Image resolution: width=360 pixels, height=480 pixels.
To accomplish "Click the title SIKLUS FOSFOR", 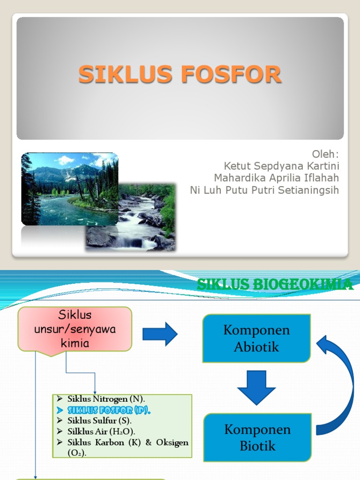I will coord(180,75).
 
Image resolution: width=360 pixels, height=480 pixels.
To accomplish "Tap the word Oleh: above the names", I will coord(325,155).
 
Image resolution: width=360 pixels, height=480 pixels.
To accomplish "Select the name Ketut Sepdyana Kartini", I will coord(281,166).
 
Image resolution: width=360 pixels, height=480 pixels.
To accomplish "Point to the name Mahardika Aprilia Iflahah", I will coord(276,178).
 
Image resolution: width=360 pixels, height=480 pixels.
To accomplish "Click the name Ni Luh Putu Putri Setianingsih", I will coord(264,190).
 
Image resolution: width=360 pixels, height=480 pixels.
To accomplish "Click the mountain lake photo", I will coord(69,188).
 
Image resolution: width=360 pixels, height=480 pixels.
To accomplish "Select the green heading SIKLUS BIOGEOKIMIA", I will coord(274,284).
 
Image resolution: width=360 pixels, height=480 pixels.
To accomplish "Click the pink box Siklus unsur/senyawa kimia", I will coord(75,329).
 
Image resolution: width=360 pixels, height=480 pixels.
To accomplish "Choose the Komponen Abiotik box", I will coord(256,338).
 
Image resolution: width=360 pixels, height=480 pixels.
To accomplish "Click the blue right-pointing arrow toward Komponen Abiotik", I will coord(160,334).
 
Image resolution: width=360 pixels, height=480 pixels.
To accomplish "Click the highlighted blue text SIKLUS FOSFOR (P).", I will coord(109,410).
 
